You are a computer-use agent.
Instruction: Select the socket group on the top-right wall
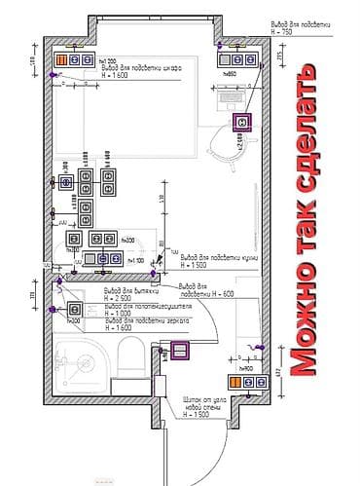231,59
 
